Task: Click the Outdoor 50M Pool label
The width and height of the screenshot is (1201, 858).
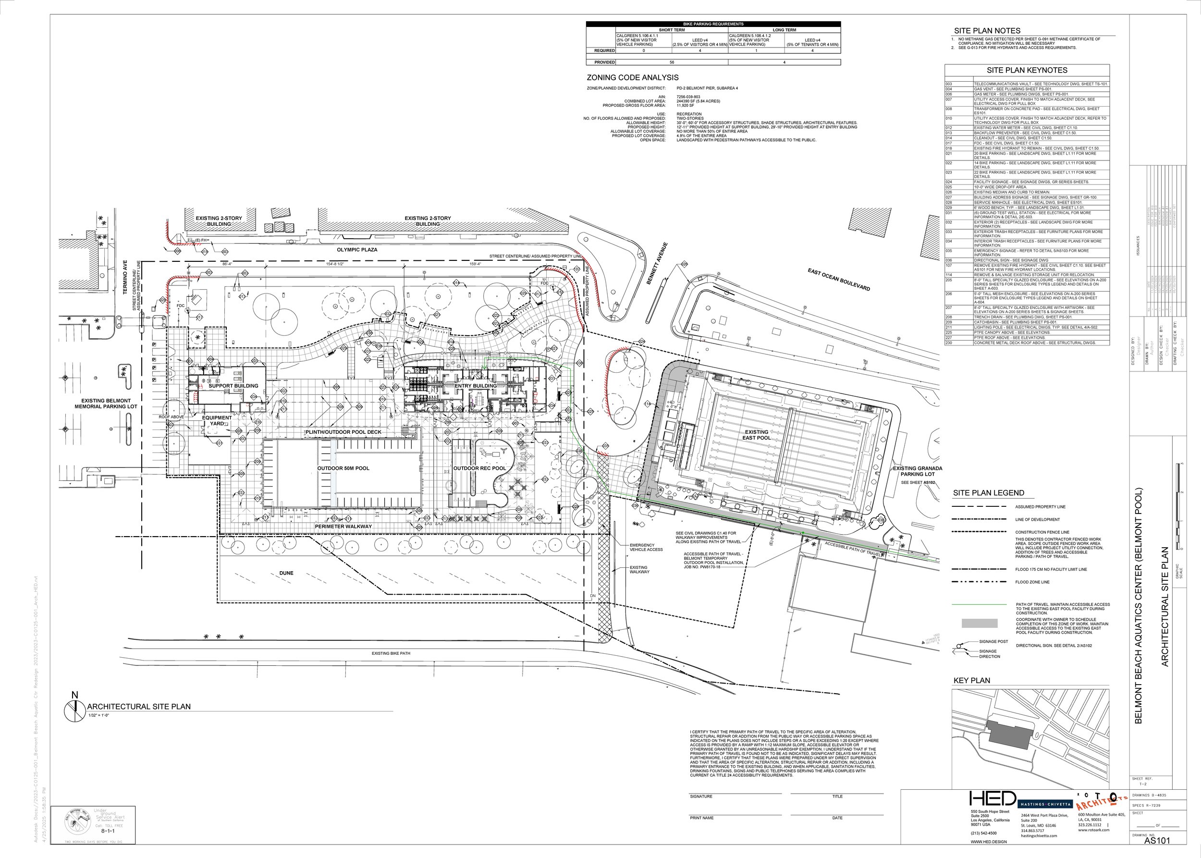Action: [x=343, y=468]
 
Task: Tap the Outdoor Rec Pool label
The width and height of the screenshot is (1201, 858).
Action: [x=479, y=468]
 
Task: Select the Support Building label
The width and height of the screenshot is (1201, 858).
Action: [x=233, y=386]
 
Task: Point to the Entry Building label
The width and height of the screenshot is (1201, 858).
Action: [x=476, y=386]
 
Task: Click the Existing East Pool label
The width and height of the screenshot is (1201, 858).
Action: [x=756, y=435]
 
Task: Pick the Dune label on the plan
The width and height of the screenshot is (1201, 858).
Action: [x=286, y=573]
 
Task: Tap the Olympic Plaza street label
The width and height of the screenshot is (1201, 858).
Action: [x=357, y=249]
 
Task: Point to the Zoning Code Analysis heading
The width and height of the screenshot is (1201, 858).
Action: [x=633, y=78]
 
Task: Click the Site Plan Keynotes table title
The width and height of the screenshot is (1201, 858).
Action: [x=1027, y=70]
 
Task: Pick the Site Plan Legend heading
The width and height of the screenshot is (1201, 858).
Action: [x=988, y=493]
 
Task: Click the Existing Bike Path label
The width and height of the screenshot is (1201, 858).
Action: [x=391, y=653]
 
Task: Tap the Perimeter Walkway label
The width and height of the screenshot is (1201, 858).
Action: [x=343, y=526]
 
